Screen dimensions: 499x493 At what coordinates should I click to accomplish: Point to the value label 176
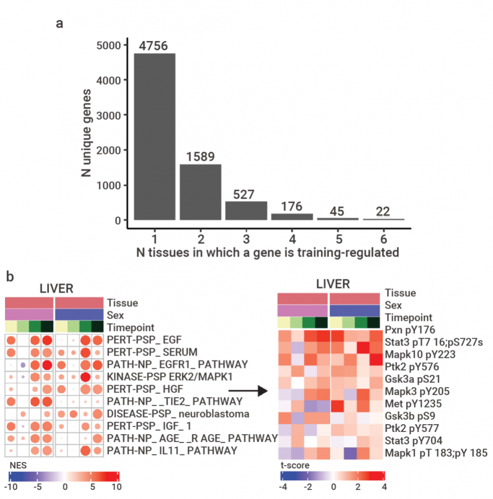pos(291,206)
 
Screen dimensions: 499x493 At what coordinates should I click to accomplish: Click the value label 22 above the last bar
pos(383,211)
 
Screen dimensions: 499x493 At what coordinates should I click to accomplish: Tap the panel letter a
pos(59,24)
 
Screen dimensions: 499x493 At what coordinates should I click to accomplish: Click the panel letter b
pos(10,276)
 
